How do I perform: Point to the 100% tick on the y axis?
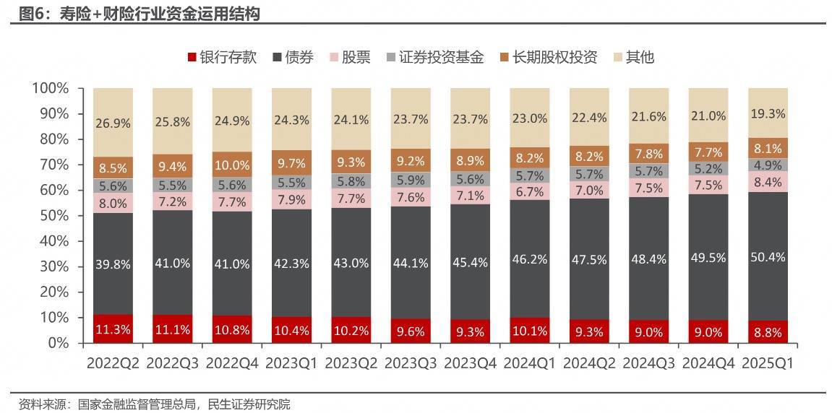tap(50, 88)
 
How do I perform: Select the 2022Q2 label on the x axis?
tap(113, 363)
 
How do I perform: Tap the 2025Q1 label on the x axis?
tap(768, 363)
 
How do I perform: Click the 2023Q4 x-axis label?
tap(470, 363)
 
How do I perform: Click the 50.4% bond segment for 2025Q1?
tap(768, 256)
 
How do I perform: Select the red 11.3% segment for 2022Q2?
tap(113, 329)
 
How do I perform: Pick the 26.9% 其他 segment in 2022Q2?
tap(113, 123)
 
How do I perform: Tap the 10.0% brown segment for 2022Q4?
tap(232, 165)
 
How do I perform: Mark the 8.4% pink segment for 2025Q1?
tap(768, 181)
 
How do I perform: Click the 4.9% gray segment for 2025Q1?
tap(768, 165)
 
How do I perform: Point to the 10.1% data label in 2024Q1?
tap(529, 331)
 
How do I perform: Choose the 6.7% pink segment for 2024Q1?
tap(529, 191)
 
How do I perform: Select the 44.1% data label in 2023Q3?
tap(411, 263)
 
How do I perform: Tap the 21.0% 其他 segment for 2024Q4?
tap(708, 116)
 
